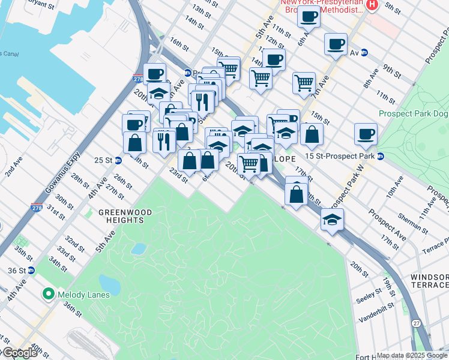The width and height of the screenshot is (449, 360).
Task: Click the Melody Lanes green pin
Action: [x=48, y=294]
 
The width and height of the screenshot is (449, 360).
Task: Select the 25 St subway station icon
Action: [x=119, y=160]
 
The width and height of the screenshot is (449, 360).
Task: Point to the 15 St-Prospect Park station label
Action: [x=340, y=156]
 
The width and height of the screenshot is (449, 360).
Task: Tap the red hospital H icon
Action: [x=372, y=5]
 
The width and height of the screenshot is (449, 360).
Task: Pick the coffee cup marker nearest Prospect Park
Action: [x=365, y=134]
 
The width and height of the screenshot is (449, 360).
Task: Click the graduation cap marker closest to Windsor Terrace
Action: [x=332, y=220]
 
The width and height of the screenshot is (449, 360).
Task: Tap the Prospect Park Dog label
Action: [x=413, y=113]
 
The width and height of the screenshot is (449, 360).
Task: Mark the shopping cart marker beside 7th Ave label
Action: [x=304, y=82]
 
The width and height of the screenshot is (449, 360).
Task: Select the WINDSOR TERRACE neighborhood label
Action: [x=429, y=281]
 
